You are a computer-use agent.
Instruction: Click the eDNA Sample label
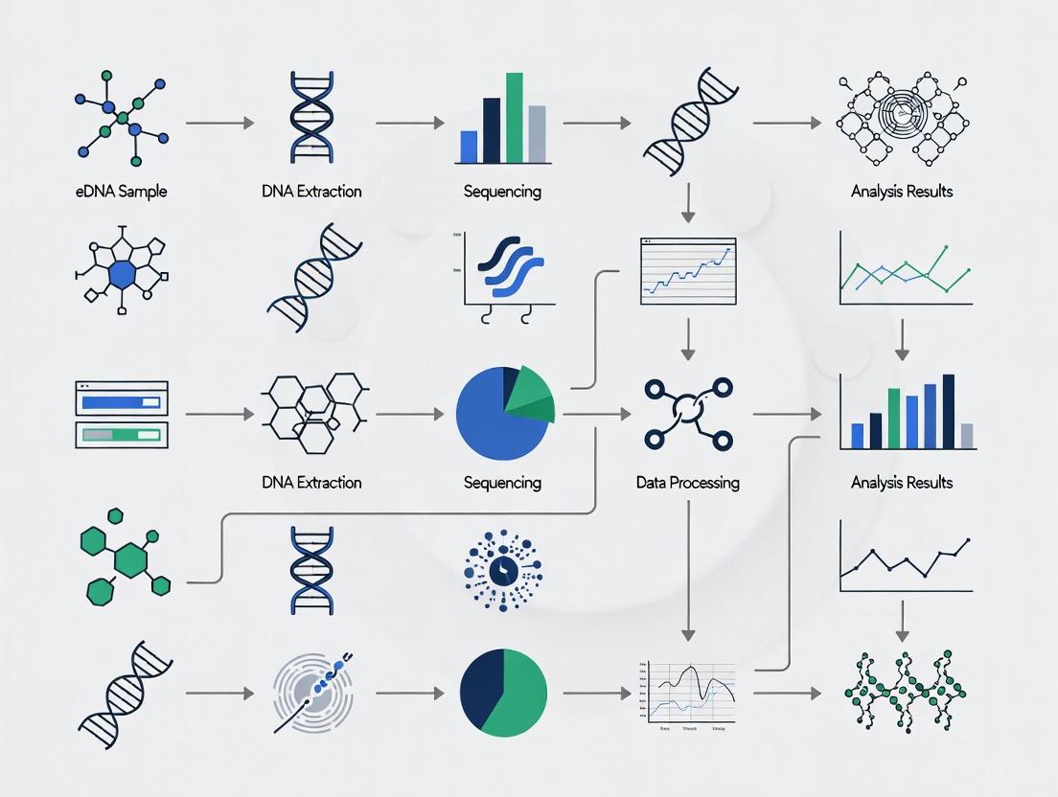(x=121, y=192)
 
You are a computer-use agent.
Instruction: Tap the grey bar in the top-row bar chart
(x=538, y=133)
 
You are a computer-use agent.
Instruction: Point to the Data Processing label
(x=687, y=483)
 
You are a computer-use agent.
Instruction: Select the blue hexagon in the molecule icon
(x=122, y=275)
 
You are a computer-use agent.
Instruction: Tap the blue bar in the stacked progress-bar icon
(x=121, y=402)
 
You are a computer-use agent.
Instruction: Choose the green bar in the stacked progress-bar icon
(x=121, y=435)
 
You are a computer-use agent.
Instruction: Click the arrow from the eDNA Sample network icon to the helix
(x=219, y=123)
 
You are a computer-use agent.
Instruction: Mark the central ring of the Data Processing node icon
(x=687, y=413)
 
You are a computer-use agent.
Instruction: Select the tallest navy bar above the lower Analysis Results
(x=949, y=411)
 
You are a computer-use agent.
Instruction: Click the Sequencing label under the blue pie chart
(x=501, y=483)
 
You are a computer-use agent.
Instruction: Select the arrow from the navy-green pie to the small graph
(x=597, y=692)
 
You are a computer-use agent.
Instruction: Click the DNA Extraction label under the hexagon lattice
(x=311, y=483)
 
